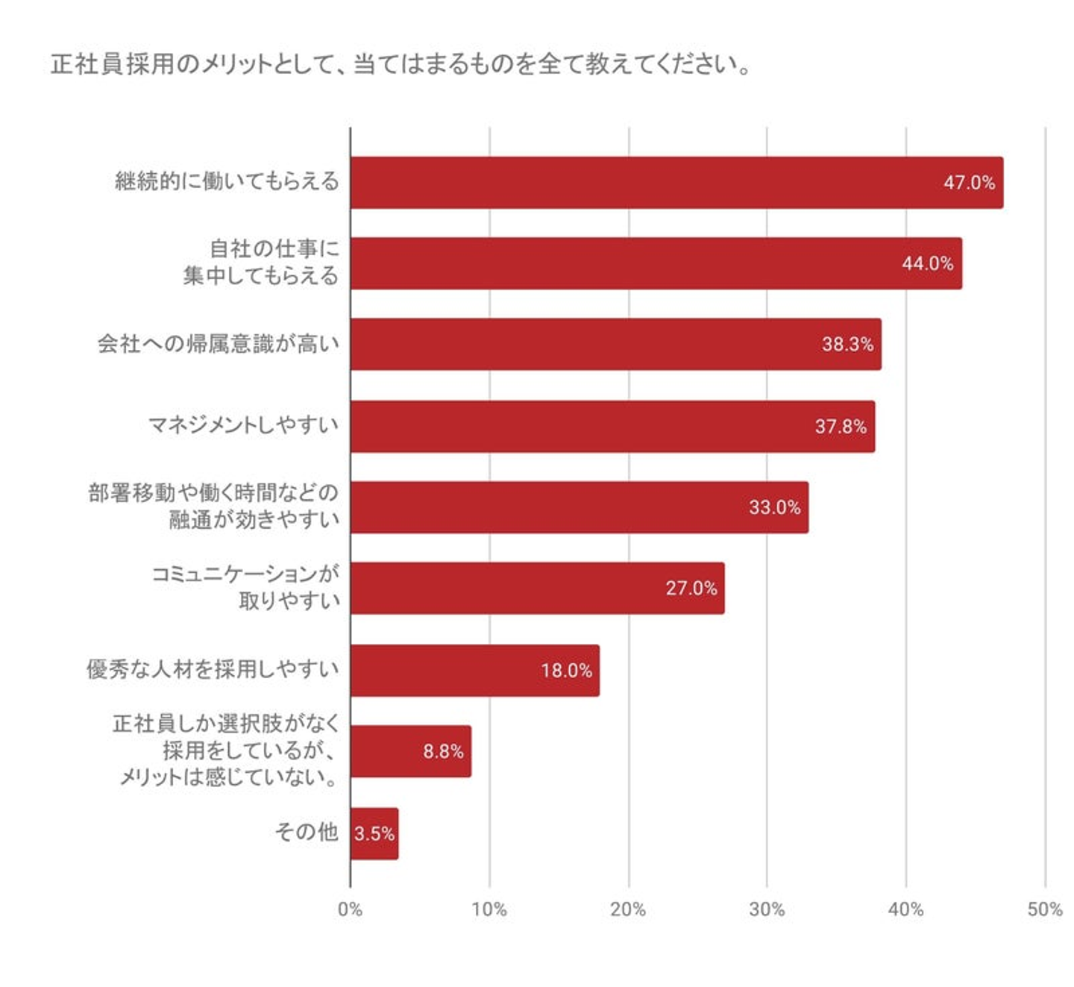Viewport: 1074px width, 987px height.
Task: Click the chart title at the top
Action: pos(401,64)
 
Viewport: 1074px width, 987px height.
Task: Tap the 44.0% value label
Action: pos(927,263)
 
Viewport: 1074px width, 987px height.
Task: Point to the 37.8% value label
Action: pos(840,427)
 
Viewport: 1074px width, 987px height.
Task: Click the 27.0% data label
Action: pos(691,589)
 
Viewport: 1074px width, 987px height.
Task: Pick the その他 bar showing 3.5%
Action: pos(374,833)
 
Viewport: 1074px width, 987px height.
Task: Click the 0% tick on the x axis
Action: pos(350,909)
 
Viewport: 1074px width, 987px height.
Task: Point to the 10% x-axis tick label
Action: pos(489,909)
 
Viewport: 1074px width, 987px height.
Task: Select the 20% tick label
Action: pos(628,909)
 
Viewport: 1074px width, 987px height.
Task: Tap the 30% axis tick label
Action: pos(767,909)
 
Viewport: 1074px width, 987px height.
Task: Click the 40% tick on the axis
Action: pos(905,909)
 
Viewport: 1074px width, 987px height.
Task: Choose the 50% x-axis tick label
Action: pos(1044,909)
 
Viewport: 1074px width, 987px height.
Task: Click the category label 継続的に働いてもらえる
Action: pos(227,181)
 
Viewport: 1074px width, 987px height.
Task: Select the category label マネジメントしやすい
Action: pos(243,425)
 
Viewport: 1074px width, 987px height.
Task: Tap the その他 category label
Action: pos(307,832)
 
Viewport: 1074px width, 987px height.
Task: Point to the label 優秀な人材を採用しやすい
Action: pos(213,669)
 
